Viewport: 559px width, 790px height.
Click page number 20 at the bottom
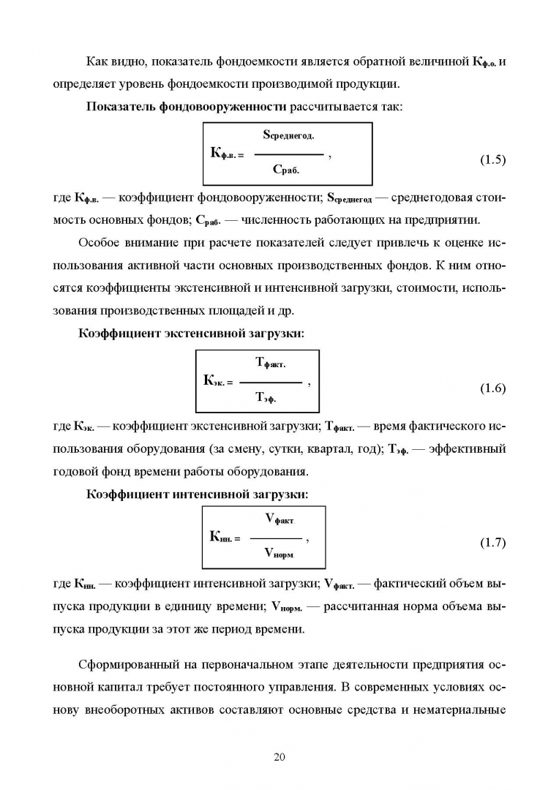pos(279,757)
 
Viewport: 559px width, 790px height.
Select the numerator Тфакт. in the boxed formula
pos(271,363)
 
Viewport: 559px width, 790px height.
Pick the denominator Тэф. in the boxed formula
pos(266,397)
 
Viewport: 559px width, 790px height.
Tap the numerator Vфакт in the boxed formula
pos(279,518)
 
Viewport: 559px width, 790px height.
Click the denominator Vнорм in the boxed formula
pos(279,553)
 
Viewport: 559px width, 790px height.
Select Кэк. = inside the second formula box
pos(218,381)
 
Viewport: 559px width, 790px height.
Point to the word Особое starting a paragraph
pos(98,243)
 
